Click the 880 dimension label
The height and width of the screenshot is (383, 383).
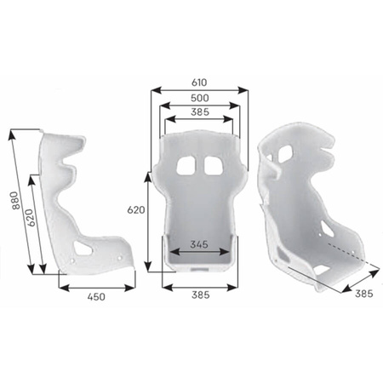pos(16,201)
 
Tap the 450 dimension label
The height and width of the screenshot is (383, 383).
pos(96,297)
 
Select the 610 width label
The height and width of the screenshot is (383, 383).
pos(199,83)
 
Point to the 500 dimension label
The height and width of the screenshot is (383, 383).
pos(200,98)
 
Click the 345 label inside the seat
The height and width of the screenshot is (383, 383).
pos(199,244)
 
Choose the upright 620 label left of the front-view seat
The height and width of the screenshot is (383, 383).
pos(136,210)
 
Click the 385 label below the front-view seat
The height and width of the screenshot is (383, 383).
pos(201,295)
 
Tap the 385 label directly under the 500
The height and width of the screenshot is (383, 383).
pos(200,112)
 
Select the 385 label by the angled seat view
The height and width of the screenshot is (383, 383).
pos(364,294)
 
